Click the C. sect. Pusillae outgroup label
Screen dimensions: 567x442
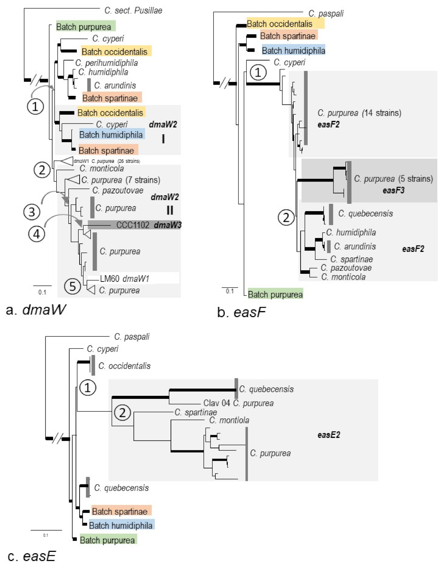(x=133, y=10)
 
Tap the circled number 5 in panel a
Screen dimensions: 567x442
(x=73, y=287)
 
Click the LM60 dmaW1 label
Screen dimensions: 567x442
(x=124, y=278)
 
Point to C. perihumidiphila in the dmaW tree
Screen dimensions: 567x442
(x=106, y=63)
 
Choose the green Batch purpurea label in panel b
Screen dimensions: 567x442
(x=275, y=294)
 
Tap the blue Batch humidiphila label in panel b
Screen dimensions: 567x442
(x=293, y=50)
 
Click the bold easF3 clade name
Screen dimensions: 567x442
(x=393, y=190)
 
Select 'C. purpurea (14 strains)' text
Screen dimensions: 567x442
(x=359, y=113)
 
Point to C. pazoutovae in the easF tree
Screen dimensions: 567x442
(x=346, y=268)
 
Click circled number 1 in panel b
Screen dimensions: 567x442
(x=258, y=72)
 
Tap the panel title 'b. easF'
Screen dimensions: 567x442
(x=241, y=312)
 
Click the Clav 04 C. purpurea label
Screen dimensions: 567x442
(x=238, y=403)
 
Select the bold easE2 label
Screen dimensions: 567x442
(x=328, y=435)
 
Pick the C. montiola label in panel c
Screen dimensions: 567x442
(x=229, y=420)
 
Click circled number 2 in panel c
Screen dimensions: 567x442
(x=122, y=412)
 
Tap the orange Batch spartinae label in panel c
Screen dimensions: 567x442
(x=120, y=511)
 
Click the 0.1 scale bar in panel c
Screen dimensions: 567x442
(x=46, y=530)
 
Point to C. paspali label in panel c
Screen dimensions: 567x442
(x=132, y=337)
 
